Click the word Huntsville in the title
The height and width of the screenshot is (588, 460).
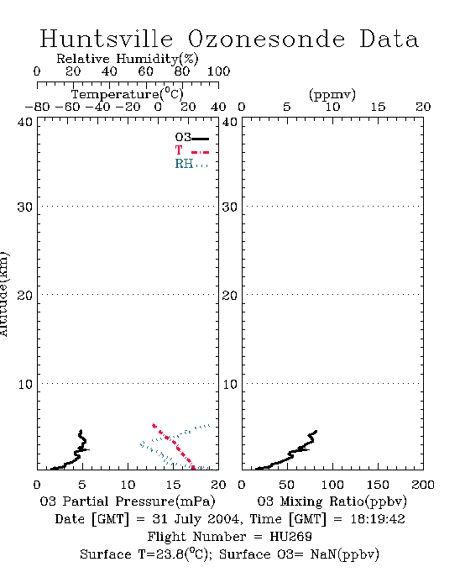[107, 39]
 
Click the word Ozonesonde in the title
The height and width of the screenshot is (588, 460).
[266, 39]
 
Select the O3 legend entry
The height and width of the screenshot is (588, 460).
[191, 138]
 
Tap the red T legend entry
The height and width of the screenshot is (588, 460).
[191, 150]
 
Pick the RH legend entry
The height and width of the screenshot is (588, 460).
[191, 164]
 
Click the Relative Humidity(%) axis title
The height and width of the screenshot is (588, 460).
[128, 59]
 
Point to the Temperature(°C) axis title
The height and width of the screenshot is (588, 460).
[128, 94]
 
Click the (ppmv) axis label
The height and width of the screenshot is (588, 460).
[332, 95]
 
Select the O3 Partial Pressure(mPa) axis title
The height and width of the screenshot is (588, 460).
[128, 501]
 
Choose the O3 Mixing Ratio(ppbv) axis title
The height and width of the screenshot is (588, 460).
[332, 501]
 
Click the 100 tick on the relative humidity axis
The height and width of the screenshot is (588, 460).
[218, 71]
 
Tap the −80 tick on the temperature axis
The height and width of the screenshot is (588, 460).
[37, 107]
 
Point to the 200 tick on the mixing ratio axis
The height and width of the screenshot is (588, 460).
[423, 485]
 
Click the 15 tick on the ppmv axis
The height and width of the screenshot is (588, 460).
[378, 107]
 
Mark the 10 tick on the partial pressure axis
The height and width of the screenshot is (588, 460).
[128, 485]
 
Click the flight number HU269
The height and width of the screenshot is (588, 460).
[290, 537]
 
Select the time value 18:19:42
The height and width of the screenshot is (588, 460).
[378, 519]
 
